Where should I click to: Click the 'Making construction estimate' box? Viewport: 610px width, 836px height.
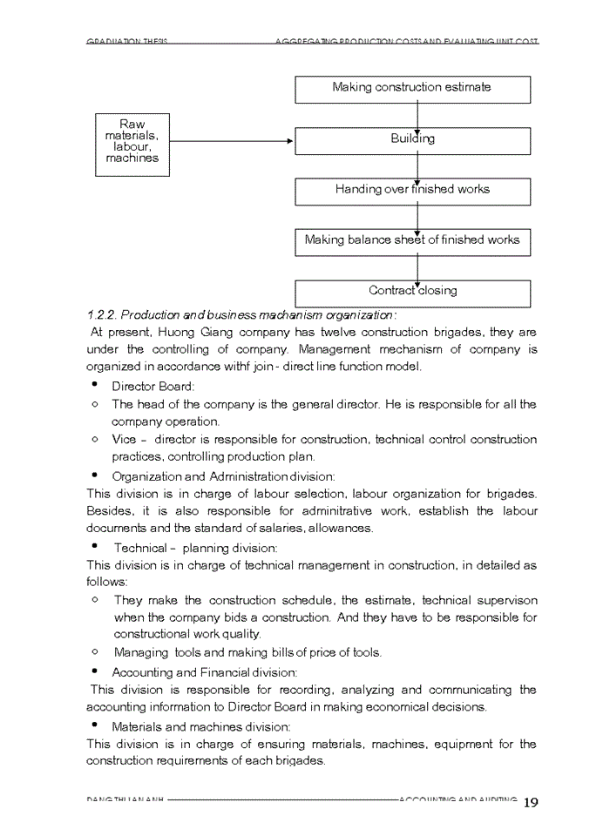coord(412,89)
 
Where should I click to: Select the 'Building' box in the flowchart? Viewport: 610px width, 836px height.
coord(412,140)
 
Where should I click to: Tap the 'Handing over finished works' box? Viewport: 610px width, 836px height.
coord(412,191)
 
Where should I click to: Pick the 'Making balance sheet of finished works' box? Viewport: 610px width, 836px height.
coord(412,241)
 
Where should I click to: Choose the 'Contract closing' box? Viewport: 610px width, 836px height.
coord(412,293)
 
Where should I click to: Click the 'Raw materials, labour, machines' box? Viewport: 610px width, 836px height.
coord(132,144)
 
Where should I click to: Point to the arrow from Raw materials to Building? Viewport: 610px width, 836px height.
coord(231,141)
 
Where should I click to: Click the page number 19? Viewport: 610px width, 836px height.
coord(531,803)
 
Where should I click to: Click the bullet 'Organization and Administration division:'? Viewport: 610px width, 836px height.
coord(223,476)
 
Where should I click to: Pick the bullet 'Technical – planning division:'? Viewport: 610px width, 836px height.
coord(195,548)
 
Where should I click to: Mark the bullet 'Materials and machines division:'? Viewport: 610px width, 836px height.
coord(201,726)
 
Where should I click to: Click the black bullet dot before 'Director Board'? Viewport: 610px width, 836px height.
coord(93,384)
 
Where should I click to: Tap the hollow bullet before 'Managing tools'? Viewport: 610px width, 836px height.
coord(94,651)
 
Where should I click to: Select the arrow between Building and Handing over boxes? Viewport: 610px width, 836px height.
coord(417,166)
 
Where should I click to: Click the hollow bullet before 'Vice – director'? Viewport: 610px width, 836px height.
coord(94,440)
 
